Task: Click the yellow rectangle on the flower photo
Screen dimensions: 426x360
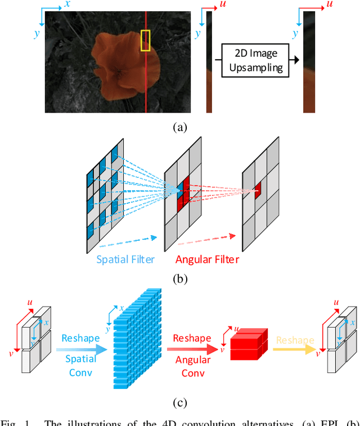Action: tap(145, 41)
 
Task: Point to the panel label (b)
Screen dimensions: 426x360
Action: tap(179, 278)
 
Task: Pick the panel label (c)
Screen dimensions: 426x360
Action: tap(179, 402)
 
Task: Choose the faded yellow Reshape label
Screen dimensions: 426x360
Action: tap(295, 340)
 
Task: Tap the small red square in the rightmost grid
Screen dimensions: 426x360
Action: tap(257, 190)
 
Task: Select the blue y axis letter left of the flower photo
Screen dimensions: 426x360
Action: tap(37, 33)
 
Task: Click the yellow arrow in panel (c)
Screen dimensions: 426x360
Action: tap(295, 349)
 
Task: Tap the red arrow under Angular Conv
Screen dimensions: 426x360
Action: tap(192, 349)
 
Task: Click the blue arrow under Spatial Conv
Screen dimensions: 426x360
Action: tap(80, 349)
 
